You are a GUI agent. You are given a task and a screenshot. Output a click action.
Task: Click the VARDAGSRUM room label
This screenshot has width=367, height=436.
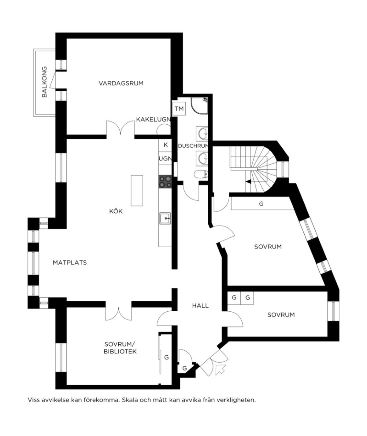click(x=121, y=83)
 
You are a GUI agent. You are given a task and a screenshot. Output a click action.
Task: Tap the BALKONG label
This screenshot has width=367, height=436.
click(x=45, y=82)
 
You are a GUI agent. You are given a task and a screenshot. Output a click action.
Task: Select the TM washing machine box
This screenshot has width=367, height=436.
click(x=179, y=108)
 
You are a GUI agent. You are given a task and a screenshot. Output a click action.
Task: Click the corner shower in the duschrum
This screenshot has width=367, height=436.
click(x=199, y=106)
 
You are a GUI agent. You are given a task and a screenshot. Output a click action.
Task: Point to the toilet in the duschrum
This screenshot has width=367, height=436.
click(x=201, y=174)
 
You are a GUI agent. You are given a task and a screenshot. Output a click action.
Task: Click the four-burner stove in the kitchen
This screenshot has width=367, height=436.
click(x=165, y=182)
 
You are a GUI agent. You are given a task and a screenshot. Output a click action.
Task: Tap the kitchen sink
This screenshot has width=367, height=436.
click(x=165, y=218)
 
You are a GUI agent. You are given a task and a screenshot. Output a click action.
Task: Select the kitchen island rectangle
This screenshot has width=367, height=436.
click(x=137, y=190)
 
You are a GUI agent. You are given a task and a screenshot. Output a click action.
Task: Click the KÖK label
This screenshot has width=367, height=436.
click(x=116, y=211)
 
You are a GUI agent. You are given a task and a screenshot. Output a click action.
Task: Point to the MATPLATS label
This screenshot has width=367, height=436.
click(x=70, y=262)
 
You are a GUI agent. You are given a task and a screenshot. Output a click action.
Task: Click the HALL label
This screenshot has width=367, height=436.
click(x=200, y=306)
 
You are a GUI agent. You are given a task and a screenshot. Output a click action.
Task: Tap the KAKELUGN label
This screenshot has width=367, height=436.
click(x=153, y=119)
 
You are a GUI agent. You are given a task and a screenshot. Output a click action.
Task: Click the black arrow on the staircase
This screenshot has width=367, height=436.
click(x=248, y=182)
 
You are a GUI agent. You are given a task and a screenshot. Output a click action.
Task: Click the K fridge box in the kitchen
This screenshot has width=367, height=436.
click(x=165, y=145)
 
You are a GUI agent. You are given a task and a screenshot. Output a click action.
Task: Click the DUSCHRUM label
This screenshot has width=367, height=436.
click(x=193, y=146)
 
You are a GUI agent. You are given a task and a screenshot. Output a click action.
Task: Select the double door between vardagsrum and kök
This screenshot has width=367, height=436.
click(x=120, y=128)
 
